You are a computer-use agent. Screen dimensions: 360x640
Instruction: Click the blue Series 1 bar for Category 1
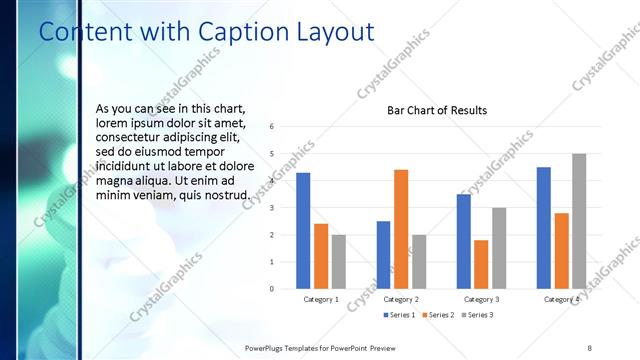coord(303,231)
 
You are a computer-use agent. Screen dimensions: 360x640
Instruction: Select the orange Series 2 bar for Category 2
coord(401,229)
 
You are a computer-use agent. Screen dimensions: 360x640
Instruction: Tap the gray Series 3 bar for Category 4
coord(579,221)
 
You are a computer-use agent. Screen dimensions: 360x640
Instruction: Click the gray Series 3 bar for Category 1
coord(339,262)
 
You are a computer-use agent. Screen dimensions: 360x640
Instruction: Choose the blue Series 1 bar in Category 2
coord(383,255)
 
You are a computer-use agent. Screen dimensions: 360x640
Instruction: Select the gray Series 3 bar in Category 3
coord(499,248)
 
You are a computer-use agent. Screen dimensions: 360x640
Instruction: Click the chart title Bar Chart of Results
coord(437,110)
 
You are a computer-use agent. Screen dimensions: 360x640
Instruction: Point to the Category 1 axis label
coord(321,299)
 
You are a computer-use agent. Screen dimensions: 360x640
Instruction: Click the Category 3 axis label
coord(481,299)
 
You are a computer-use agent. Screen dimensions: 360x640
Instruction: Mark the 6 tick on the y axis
coord(273,127)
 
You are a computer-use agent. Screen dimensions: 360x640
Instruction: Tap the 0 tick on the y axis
coord(273,289)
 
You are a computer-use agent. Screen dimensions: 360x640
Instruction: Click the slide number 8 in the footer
coord(589,347)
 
